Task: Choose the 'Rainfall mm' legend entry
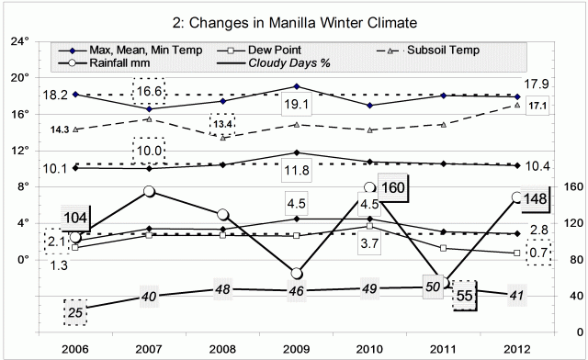pos(109,63)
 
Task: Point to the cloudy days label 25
pos(77,312)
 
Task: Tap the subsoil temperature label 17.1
pos(539,107)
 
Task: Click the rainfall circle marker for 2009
pos(297,274)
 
